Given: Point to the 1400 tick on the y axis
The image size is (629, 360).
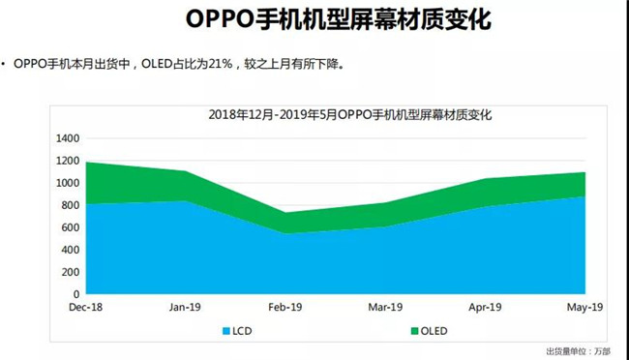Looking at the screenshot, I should coord(66,138).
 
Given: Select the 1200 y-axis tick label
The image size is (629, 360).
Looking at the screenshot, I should coord(66,161).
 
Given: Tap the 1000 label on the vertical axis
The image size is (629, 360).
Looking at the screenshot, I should coord(66,183).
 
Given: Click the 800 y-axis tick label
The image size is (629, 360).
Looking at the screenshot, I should coord(69,205).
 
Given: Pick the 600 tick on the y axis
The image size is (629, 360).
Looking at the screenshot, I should coord(69,227).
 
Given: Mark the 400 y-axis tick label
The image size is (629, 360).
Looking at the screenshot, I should coord(69,250).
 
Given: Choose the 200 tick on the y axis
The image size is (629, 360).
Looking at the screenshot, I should coord(69,272).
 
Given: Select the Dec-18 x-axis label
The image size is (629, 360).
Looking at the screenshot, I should coord(85,307).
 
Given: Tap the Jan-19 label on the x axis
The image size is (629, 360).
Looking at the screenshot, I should coord(185,307).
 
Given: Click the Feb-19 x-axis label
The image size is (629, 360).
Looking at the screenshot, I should coord(285,307).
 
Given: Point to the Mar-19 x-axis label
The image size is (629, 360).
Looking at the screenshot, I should coord(385,307).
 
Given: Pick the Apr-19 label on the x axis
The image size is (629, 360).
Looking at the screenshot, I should coord(485,307).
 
